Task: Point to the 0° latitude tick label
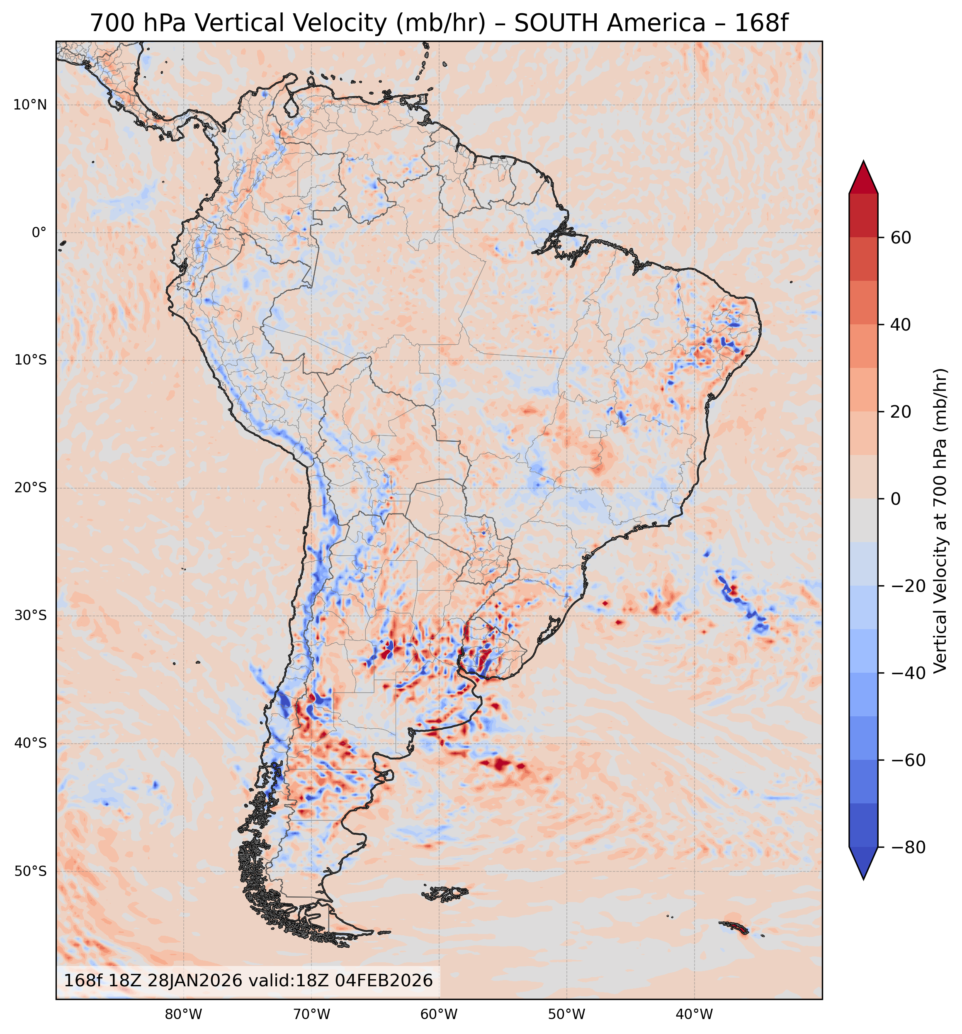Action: [39, 233]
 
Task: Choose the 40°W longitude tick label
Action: [694, 1014]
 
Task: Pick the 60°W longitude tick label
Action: [439, 1014]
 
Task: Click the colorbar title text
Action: [940, 520]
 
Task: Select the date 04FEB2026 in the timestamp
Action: [384, 980]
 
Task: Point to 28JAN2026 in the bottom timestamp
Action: [194, 980]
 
